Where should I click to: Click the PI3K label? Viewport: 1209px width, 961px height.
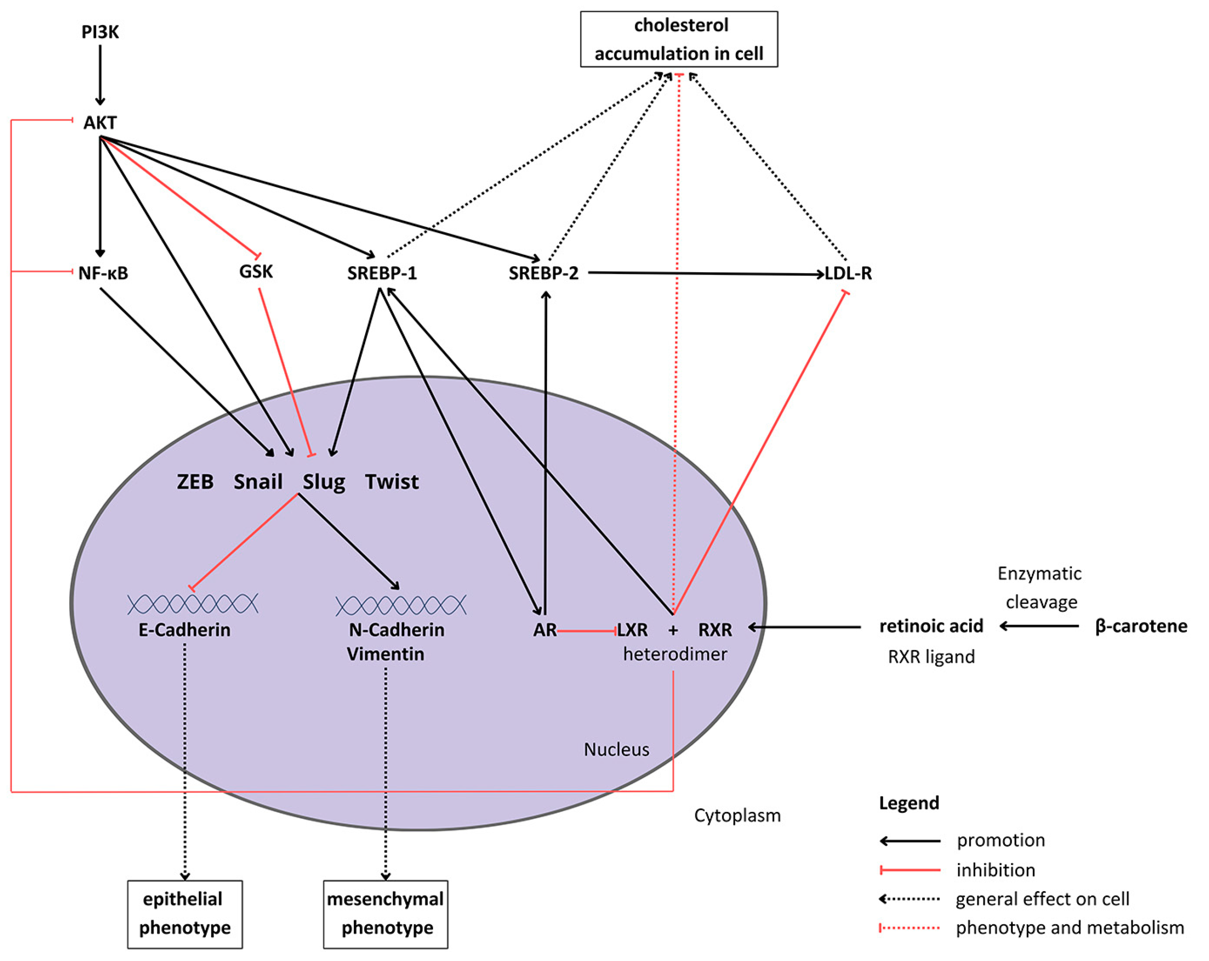100,32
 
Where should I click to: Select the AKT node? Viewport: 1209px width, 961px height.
100,122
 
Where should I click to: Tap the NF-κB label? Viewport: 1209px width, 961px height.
103,273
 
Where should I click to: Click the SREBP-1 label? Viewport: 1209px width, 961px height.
382,273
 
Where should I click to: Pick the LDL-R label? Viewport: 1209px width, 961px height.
848,273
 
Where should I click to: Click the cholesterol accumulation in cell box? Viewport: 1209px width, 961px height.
678,39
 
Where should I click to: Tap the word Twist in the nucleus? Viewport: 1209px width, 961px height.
391,482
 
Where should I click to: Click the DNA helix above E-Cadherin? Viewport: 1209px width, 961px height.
192,604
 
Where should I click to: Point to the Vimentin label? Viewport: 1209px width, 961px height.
385,654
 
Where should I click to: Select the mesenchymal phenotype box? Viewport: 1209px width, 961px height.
385,915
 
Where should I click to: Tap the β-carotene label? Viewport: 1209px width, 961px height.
1141,626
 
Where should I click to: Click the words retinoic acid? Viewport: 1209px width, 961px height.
931,626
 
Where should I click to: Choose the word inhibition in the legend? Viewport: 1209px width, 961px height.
996,870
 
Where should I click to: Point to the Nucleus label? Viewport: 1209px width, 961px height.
616,749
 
